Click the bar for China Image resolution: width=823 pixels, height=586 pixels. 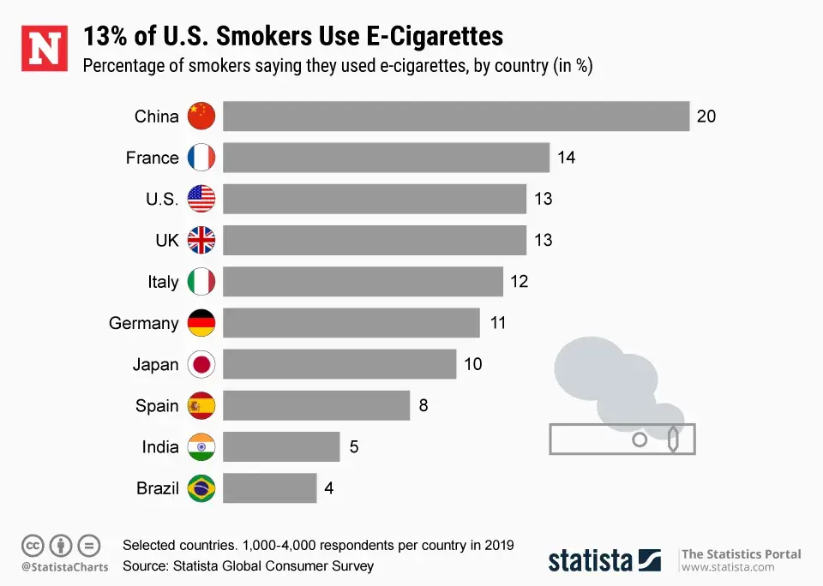tap(456, 117)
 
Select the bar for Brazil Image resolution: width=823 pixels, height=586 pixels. tap(270, 488)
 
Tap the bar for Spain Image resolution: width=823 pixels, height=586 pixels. tap(316, 405)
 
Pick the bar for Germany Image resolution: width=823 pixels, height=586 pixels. tap(351, 323)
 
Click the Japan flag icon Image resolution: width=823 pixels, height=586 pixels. tap(201, 364)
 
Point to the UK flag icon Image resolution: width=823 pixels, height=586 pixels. tap(201, 240)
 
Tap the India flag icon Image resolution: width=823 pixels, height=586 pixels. tap(201, 446)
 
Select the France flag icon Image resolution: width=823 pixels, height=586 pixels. tap(201, 158)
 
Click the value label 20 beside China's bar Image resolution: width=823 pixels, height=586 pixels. tap(706, 117)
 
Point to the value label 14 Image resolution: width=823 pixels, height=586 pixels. tap(566, 158)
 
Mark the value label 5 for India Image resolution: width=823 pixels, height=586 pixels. tap(353, 446)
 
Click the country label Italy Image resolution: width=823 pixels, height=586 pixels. tap(163, 282)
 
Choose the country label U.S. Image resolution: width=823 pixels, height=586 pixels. tap(162, 200)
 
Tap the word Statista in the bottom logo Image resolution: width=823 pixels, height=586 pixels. tap(591, 560)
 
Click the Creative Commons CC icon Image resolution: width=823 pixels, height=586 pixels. tap(33, 545)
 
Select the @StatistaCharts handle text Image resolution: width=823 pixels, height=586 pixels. tap(64, 566)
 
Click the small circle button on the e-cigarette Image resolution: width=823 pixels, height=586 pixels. tap(640, 439)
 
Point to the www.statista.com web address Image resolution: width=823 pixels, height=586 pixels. tap(728, 567)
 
